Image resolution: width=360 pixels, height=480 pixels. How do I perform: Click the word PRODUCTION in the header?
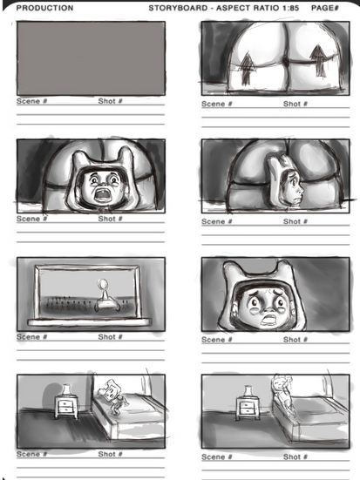[x=44, y=8]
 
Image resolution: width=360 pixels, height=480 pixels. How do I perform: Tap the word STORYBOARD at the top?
[x=178, y=8]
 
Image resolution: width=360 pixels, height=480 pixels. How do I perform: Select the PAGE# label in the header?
[x=325, y=8]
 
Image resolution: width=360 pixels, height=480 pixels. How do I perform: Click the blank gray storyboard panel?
[x=91, y=58]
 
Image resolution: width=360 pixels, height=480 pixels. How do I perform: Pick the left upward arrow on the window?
[x=247, y=68]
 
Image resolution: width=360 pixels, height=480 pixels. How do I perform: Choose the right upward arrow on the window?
[x=318, y=61]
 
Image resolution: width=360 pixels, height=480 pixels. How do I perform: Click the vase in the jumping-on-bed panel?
[x=66, y=389]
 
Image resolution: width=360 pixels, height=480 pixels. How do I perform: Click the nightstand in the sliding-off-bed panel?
[x=248, y=408]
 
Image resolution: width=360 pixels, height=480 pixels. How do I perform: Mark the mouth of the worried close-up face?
[x=269, y=320]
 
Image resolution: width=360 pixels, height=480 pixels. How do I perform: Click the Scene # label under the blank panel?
[x=32, y=101]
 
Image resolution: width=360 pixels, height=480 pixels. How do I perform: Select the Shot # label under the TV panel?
[x=111, y=337]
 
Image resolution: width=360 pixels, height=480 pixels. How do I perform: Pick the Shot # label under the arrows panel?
[x=295, y=104]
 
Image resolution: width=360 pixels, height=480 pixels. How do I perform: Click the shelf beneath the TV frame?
[x=90, y=321]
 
